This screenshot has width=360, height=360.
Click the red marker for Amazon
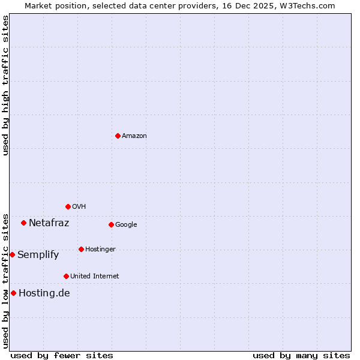pos(118,136)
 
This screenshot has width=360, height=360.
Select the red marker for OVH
pos(68,206)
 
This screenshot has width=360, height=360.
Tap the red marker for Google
pos(111,224)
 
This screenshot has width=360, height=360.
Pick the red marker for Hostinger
pos(81,249)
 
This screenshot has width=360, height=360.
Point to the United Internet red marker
pos(66,276)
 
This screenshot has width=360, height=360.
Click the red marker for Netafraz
pos(23,223)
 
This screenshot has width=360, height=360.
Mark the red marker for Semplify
pos(12,254)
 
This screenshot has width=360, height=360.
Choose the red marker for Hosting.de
pos(13,293)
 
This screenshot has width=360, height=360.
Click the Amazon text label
pos(134,136)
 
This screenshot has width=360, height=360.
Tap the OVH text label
pos(79,207)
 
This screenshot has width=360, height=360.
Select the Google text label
pos(126,225)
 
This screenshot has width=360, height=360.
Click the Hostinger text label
pos(100,250)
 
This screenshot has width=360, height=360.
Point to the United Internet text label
pos(95,277)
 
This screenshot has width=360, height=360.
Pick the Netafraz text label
pos(49,223)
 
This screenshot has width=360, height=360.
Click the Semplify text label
pos(38,255)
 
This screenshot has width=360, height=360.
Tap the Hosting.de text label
pos(44,293)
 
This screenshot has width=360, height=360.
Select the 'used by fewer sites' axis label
pos(62,355)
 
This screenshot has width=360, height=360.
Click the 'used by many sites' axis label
pos(301,355)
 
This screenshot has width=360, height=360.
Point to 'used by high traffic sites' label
pos(5,85)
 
